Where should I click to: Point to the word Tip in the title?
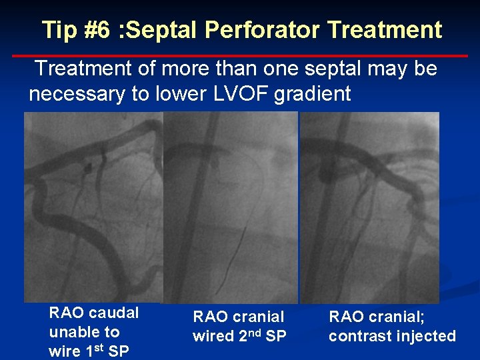(x=59, y=30)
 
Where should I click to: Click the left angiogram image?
(x=93, y=207)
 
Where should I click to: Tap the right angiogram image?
(x=370, y=207)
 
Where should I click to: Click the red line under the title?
(x=240, y=55)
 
